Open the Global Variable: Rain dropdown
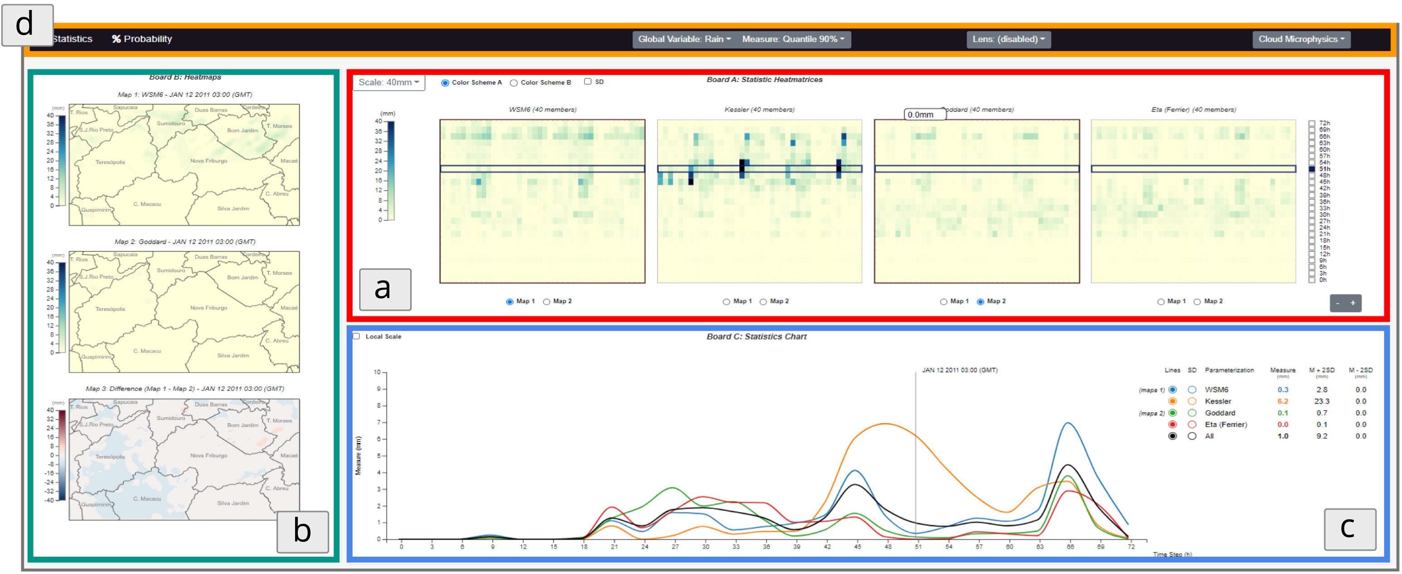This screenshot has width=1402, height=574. tap(684, 39)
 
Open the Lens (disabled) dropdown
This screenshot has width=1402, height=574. tap(1008, 39)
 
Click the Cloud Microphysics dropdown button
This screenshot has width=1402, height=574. tap(1301, 39)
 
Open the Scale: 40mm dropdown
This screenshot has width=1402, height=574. tap(388, 82)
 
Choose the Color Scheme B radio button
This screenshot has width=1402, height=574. tap(513, 83)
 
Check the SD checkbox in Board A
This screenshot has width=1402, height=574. tap(588, 82)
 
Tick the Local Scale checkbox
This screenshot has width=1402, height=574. tap(356, 336)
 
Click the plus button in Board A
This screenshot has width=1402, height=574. tap(1353, 303)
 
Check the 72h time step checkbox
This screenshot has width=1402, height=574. tap(1312, 124)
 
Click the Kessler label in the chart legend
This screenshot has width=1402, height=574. tap(1218, 401)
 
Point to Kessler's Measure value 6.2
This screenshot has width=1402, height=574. tap(1282, 401)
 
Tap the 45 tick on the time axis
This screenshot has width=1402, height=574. tap(857, 546)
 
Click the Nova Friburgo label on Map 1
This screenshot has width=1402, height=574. tap(209, 161)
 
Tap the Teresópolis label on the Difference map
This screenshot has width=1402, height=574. tap(110, 457)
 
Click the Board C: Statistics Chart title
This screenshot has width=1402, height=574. tap(757, 337)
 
